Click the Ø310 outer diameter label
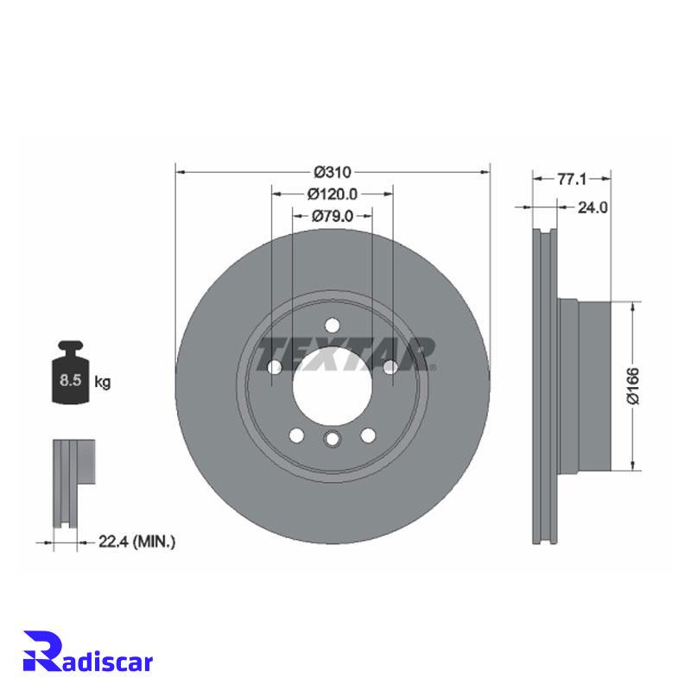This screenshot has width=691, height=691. (333, 172)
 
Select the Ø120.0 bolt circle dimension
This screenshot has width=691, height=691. (333, 193)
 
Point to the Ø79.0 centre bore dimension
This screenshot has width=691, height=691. (333, 216)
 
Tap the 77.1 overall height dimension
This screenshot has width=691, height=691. (572, 180)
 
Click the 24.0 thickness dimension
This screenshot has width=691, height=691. (593, 207)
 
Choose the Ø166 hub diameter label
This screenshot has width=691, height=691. (633, 385)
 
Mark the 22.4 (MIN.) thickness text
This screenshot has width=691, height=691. (136, 542)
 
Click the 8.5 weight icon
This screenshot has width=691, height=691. (71, 372)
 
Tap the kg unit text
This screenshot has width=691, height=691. (103, 382)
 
